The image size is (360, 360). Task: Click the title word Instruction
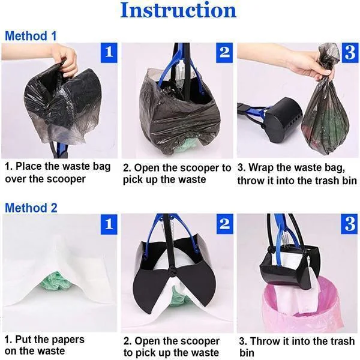point(178,11)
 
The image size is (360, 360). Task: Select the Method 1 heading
point(31,36)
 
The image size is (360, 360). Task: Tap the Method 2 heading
point(31,208)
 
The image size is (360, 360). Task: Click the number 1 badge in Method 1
point(108,52)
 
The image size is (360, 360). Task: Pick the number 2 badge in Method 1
point(224,52)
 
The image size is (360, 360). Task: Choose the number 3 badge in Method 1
point(349,52)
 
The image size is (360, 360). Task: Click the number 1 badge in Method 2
point(108,225)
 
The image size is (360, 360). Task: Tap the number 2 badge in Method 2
point(224,225)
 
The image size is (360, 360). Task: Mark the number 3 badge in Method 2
point(349,225)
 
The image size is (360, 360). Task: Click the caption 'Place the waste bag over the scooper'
point(58,172)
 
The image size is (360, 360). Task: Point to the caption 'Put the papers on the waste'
point(45,346)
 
